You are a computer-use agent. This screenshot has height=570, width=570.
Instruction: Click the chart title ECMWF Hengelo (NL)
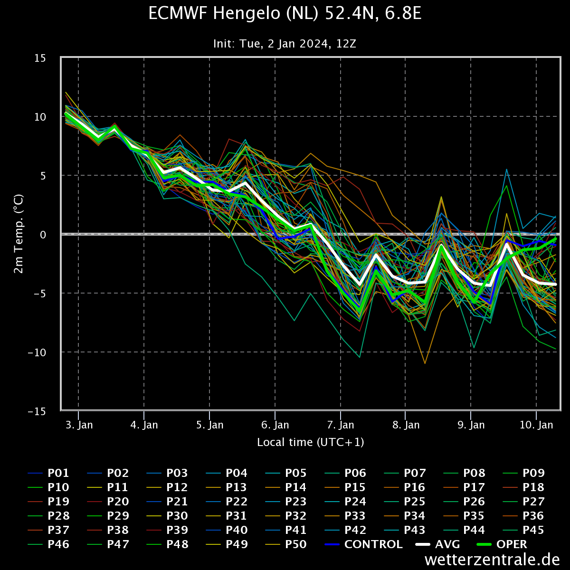pos(285,14)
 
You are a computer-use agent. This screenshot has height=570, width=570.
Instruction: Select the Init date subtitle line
pos(285,44)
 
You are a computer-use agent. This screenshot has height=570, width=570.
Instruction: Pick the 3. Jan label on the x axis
pos(79,425)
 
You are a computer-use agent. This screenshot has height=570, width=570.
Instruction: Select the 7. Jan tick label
pos(341,425)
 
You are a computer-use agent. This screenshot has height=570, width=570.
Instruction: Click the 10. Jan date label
pos(536,425)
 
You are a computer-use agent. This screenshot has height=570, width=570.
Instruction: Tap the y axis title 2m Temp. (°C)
pos(19,234)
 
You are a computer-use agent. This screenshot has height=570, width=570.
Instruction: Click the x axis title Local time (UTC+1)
pos(310,443)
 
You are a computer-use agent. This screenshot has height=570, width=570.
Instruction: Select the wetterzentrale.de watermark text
pos(492,560)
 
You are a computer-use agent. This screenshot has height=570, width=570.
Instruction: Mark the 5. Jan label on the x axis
pos(209,425)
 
